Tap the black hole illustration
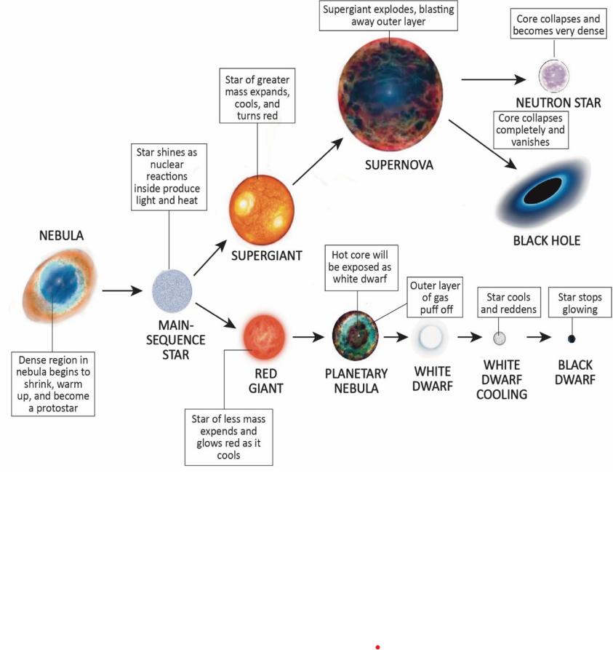(545, 193)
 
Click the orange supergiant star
(262, 205)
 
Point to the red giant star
(265, 336)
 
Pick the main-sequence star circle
(172, 290)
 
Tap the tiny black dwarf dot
(572, 338)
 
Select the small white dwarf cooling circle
(500, 338)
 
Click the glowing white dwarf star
(431, 338)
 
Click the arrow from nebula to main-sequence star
(122, 291)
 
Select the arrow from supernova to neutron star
(492, 79)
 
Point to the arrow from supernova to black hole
(481, 143)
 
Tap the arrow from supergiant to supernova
(316, 161)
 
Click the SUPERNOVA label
(398, 165)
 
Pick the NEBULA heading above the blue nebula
(62, 236)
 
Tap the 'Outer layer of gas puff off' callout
(434, 297)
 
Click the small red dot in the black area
(377, 646)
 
